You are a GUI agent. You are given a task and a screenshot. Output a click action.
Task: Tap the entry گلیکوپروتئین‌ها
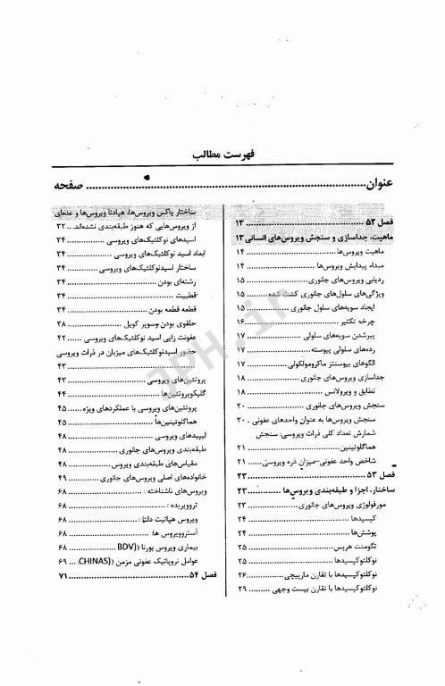tap(168, 396)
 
